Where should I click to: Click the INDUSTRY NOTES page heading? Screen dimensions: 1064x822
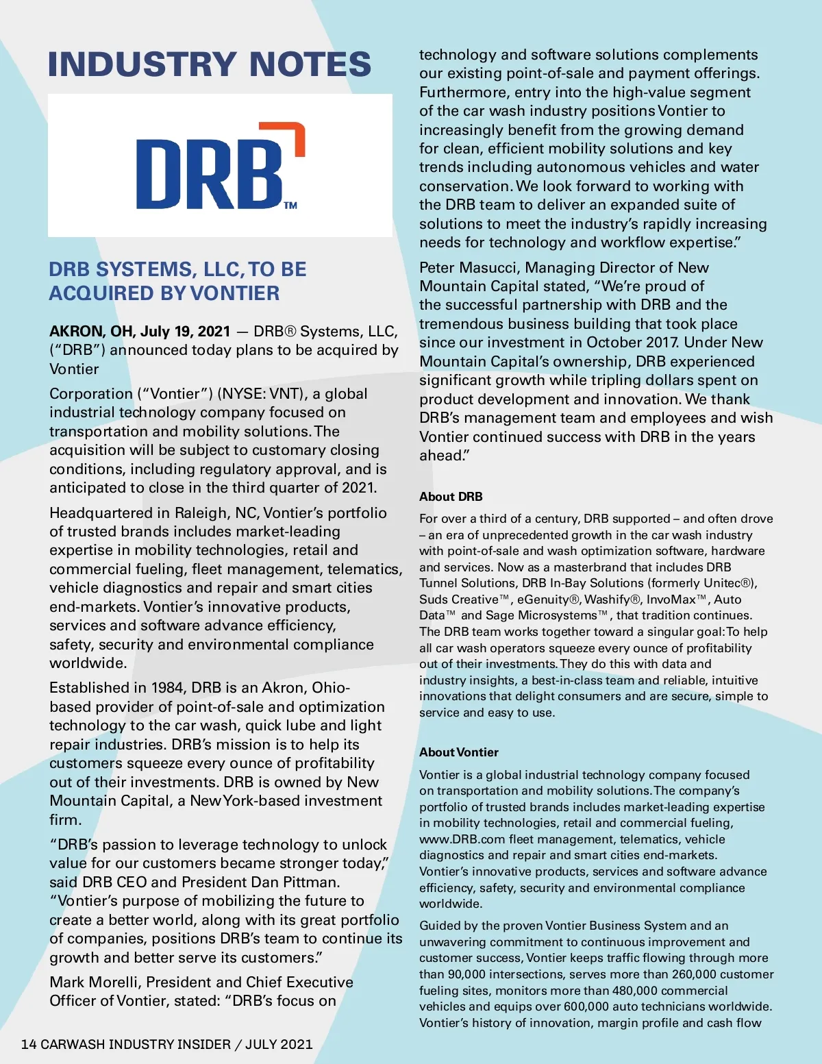pos(210,64)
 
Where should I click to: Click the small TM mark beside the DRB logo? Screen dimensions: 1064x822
pos(290,205)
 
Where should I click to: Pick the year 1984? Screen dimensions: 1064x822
pos(167,688)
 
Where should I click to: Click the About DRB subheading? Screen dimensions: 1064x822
pos(451,497)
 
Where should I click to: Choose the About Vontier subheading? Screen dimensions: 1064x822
pos(459,752)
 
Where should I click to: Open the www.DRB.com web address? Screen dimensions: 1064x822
pos(462,839)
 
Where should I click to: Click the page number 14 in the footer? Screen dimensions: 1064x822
pos(29,1044)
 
